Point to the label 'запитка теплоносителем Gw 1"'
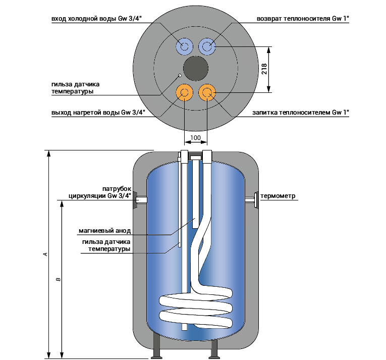tap(301, 113)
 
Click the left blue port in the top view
tap(184, 47)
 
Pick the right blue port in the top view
tap(207, 47)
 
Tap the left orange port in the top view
tap(184, 92)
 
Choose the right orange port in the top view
tap(207, 92)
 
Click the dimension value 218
tap(264, 70)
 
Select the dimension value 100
tap(195, 137)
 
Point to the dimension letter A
tap(45, 254)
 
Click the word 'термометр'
tap(277, 196)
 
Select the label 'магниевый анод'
tap(104, 231)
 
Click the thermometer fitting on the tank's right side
tap(254, 200)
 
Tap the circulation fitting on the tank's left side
tap(138, 200)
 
